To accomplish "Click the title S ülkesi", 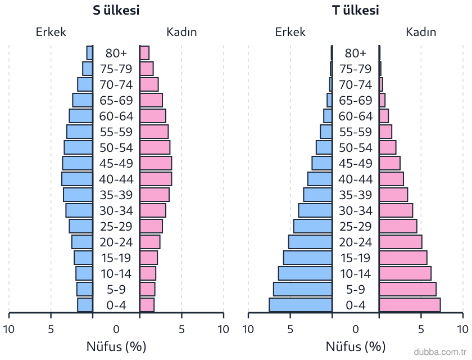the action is [116, 10].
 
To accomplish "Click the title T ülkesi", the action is [356, 10].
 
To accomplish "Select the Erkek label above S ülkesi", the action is [51, 32].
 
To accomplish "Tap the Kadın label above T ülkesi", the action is [421, 32].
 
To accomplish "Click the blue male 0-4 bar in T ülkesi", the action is [301, 305].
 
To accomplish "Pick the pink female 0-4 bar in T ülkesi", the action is [410, 305].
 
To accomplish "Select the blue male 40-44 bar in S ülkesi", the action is [77, 179].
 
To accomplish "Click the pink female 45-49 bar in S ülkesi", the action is [156, 163].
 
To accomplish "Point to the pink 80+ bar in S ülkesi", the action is [144, 53].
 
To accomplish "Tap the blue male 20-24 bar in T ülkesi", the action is [310, 242].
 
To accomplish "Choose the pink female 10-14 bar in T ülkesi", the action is [405, 273].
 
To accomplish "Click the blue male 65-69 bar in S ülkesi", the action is [83, 100].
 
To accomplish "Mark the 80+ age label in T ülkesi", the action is [356, 53].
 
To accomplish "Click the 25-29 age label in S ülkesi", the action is [116, 226].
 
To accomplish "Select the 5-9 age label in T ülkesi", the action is [356, 289].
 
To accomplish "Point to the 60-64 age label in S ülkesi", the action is [116, 116].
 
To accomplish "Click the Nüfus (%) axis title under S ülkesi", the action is [116, 346].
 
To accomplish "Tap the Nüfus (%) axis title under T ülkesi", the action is [356, 346].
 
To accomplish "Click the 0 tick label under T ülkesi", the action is [356, 329].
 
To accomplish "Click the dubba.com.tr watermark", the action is [440, 352].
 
